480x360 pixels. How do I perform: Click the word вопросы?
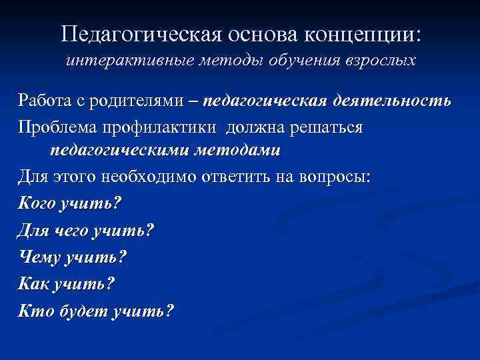[337, 177]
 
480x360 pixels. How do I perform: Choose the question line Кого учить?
[70, 202]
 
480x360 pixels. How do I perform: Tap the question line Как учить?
[67, 283]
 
